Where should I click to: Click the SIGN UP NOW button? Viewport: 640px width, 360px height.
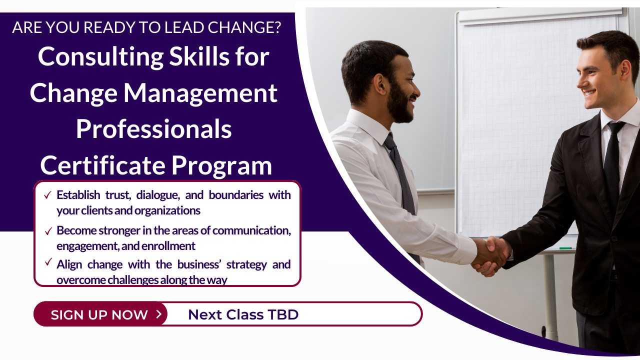tap(100, 314)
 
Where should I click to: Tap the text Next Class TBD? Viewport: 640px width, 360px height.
tap(243, 314)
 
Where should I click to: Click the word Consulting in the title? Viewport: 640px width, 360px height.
tap(100, 57)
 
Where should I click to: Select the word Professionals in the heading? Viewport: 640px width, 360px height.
tap(153, 128)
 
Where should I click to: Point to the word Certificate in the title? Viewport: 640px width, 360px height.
tap(103, 165)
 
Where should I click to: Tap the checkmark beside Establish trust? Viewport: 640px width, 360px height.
tap(47, 195)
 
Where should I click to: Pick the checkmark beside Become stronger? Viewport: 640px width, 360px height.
tap(48, 231)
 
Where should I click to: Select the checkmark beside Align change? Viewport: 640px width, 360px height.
tap(48, 261)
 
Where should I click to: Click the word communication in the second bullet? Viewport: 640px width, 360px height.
tap(251, 230)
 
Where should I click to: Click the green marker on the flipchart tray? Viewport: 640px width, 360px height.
tap(565, 248)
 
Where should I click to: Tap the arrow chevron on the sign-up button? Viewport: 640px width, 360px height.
tap(159, 314)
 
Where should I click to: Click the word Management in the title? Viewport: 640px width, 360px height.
tap(200, 93)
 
